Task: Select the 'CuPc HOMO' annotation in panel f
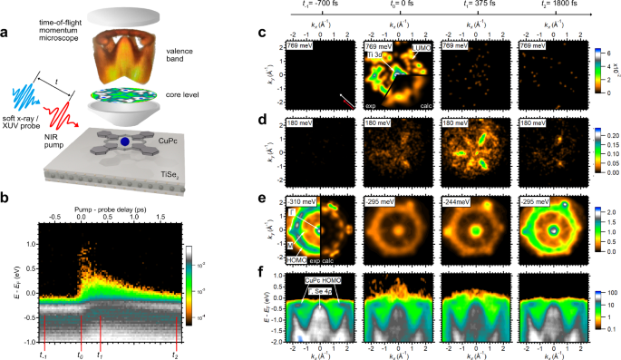click(x=323, y=281)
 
